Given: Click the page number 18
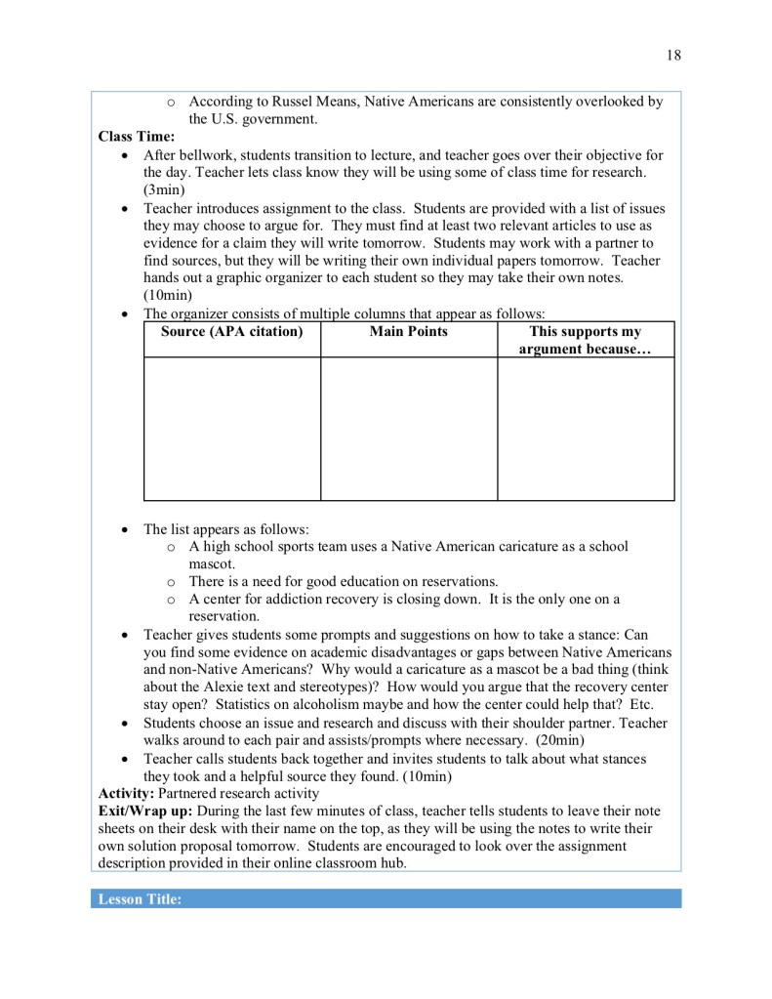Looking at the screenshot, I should [673, 56].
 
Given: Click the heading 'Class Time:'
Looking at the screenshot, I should [137, 138].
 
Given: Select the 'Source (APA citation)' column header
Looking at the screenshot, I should [232, 332].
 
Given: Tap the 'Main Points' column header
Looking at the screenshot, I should [409, 332].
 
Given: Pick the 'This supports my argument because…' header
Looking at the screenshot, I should [586, 341].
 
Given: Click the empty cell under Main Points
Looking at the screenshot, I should [409, 429].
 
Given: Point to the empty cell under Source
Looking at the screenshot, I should [232, 429].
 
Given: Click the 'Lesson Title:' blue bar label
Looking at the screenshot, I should [140, 899].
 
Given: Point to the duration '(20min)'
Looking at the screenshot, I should [559, 741].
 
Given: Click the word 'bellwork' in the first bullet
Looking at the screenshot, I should [206, 155].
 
